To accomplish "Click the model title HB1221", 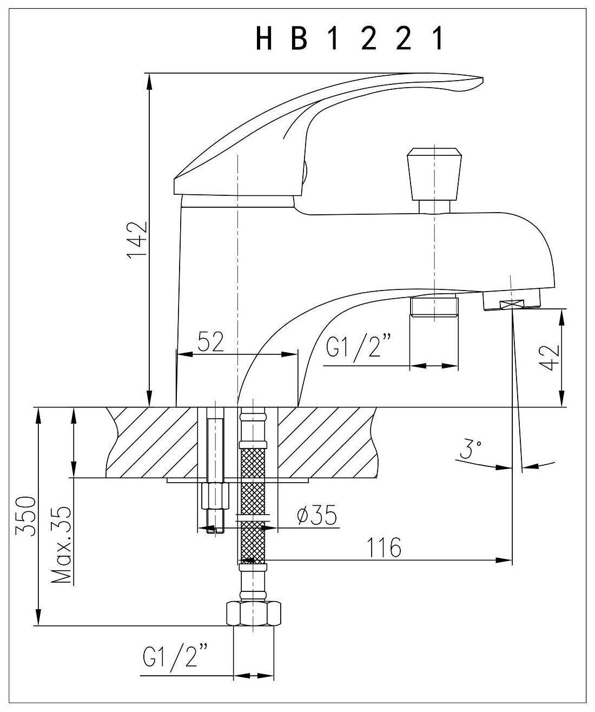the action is pyautogui.click(x=349, y=39).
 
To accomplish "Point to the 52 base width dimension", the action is pyautogui.click(x=210, y=342).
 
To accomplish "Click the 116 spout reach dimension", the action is pyautogui.click(x=386, y=548).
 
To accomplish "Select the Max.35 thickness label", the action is pyautogui.click(x=64, y=545).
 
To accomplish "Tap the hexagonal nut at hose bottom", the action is pyautogui.click(x=253, y=614).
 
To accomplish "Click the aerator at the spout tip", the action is pyautogui.click(x=511, y=300).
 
